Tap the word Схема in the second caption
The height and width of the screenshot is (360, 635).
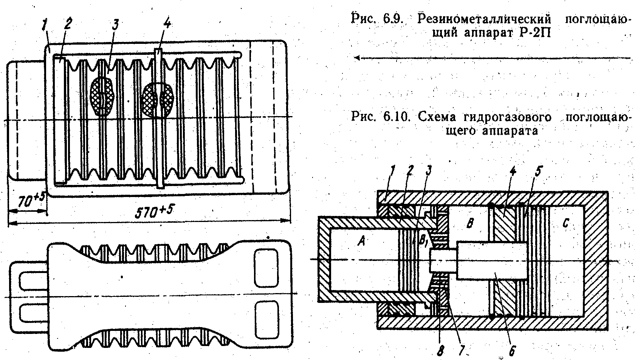click(x=438, y=117)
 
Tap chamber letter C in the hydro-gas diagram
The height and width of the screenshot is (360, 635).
click(x=565, y=224)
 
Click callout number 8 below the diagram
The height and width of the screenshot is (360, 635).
click(x=440, y=352)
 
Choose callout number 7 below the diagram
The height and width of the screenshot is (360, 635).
click(x=461, y=352)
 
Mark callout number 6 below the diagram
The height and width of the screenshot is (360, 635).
click(x=512, y=351)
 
